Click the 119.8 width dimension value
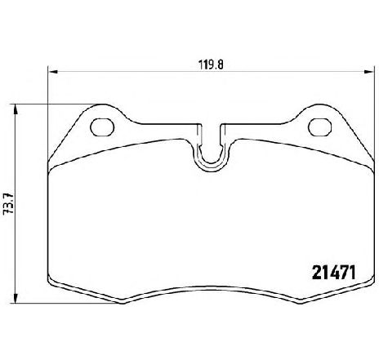pyautogui.click(x=210, y=65)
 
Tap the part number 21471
pyautogui.click(x=334, y=273)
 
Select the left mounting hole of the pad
pyautogui.click(x=102, y=127)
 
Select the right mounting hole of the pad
pyautogui.click(x=320, y=127)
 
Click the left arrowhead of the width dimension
pyautogui.click(x=52, y=72)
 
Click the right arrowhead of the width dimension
pyautogui.click(x=368, y=72)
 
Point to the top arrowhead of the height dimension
pyautogui.click(x=16, y=109)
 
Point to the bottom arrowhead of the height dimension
pyautogui.click(x=16, y=298)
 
